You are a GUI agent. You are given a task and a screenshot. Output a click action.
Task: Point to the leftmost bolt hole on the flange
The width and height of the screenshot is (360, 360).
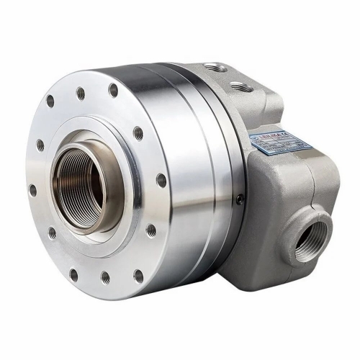pos(32,190)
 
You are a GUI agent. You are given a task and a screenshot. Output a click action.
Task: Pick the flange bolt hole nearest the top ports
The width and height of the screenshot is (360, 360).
pos(113,90)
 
